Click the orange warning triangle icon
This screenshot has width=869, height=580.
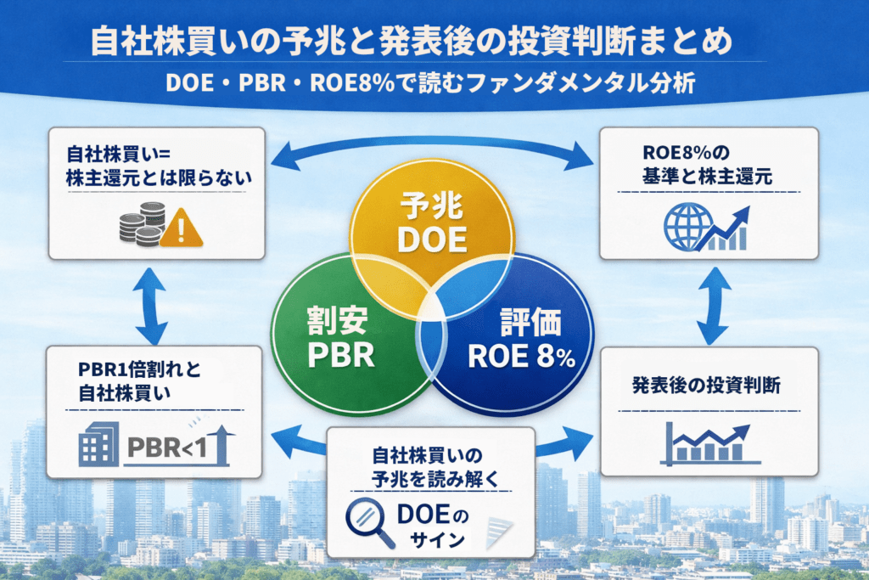coord(179,228)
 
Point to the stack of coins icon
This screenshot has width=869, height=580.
coord(140,226)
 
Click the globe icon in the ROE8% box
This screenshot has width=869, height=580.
coord(682,226)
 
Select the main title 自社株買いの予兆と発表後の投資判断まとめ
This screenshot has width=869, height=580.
coord(410,43)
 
